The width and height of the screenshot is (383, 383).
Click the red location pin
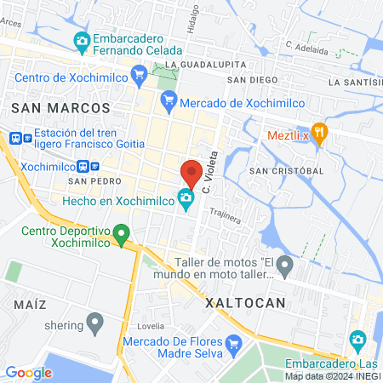(x=191, y=173)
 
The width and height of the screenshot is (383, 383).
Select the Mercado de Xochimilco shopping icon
(x=169, y=100)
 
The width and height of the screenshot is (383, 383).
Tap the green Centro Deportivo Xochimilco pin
(x=122, y=232)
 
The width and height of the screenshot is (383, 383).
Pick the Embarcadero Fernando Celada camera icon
(x=82, y=40)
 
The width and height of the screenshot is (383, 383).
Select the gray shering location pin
(x=95, y=323)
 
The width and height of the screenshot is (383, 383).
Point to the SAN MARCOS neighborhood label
(x=60, y=108)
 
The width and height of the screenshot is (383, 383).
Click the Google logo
(x=28, y=372)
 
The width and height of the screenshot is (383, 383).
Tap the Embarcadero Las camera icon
(x=358, y=340)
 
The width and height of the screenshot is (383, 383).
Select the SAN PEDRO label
(x=89, y=181)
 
